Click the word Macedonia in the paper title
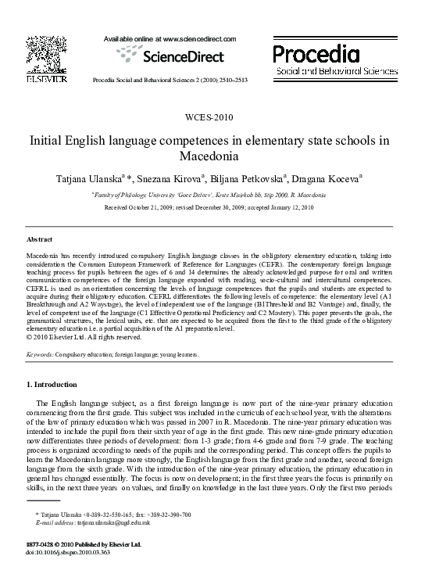coord(212,156)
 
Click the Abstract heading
coord(40,238)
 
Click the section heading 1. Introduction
coord(52,385)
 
